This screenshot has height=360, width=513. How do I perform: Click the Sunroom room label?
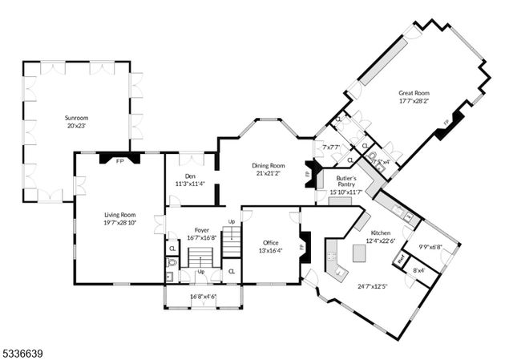coord(77,117)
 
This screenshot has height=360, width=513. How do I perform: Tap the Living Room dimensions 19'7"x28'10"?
coord(119,223)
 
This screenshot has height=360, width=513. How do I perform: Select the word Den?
coord(190,176)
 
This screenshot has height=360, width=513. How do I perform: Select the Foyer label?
coord(191,229)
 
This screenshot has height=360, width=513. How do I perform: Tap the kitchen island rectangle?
coord(360,253)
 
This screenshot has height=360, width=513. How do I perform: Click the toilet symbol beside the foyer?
coord(172,262)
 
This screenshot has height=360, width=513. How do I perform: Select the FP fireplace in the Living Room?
coord(119,159)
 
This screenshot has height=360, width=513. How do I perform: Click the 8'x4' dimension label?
coord(418,270)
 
